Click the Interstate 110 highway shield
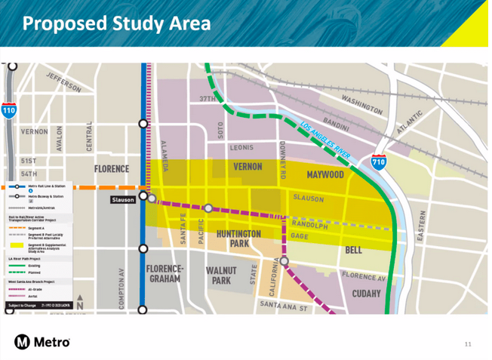[8, 111]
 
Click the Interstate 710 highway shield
[380, 162]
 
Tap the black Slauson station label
[123, 200]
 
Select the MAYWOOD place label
[325, 175]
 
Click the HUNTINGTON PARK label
[238, 238]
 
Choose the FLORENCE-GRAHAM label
[165, 273]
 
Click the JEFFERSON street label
[63, 82]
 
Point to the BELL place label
[353, 250]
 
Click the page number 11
[468, 344]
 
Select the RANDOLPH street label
[309, 225]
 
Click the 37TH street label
[207, 99]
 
